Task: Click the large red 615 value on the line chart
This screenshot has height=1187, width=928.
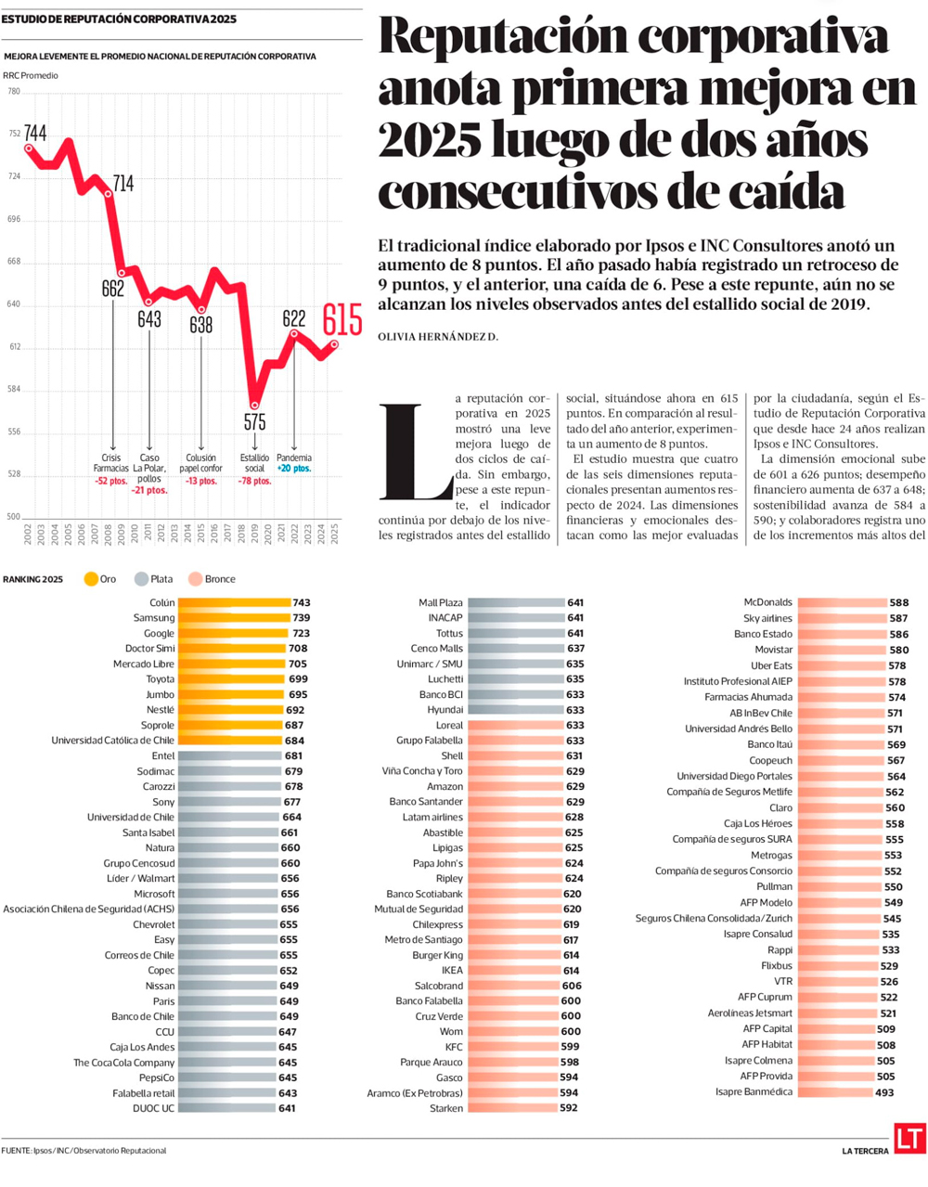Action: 342,319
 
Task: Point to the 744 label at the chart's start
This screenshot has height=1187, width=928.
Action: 35,134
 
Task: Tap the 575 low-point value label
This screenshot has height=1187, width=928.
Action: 255,422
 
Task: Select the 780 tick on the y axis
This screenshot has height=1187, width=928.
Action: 14,92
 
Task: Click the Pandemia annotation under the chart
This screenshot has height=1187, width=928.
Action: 294,458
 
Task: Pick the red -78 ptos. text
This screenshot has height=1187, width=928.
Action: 255,481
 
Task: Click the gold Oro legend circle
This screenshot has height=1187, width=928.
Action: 91,579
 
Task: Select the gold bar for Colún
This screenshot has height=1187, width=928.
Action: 234,603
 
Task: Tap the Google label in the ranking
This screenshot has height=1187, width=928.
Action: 159,633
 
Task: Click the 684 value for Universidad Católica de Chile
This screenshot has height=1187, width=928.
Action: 293,741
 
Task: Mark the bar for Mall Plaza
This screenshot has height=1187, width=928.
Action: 516,603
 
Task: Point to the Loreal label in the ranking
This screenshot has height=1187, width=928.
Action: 449,725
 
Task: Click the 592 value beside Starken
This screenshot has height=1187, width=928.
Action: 569,1108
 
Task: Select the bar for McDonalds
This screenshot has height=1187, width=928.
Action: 841,603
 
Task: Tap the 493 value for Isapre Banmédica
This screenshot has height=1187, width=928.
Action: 884,1092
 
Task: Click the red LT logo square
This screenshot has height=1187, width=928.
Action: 909,1139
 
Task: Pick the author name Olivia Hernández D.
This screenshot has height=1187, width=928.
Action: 438,337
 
